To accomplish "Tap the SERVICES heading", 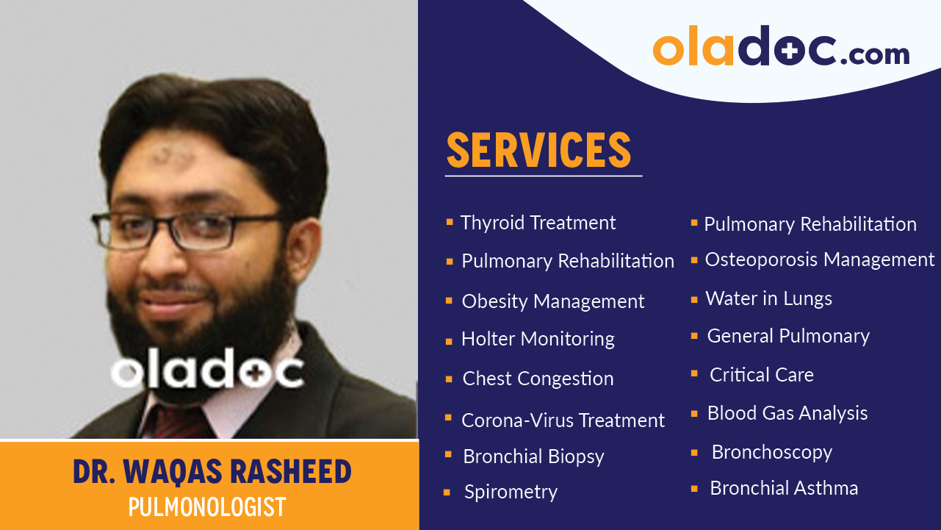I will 539,151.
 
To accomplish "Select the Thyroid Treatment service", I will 538,223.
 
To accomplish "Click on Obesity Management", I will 552,301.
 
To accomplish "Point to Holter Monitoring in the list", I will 538,339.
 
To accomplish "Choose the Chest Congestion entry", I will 538,379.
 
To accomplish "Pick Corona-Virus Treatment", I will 563,420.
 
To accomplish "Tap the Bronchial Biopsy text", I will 533,456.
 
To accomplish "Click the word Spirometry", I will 511,492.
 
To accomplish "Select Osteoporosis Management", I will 819,259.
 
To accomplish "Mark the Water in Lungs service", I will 768,298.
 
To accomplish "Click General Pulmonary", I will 788,336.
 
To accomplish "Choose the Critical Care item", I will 761,375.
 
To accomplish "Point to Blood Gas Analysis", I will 787,413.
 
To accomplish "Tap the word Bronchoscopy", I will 771,452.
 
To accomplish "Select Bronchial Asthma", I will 783,488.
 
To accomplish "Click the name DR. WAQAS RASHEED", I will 212,472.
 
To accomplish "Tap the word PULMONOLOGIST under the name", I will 206,507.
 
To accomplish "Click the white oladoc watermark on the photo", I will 207,373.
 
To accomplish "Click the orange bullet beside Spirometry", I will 447,493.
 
